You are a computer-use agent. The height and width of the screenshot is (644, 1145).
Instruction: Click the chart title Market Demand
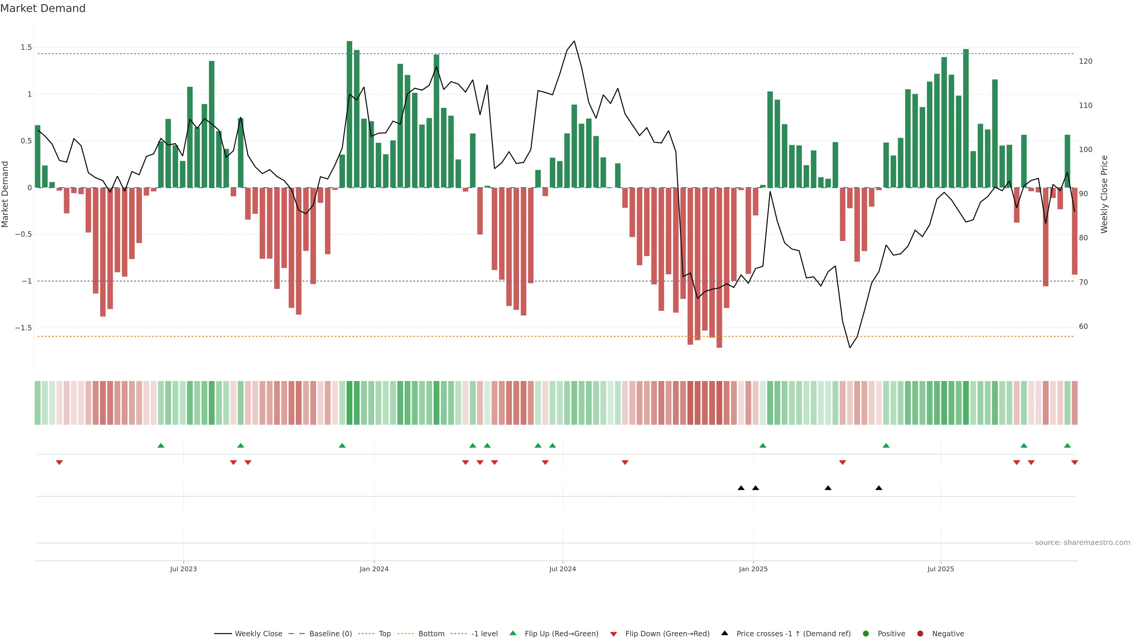(43, 8)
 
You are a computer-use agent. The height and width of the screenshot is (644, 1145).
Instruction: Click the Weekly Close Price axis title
(1104, 194)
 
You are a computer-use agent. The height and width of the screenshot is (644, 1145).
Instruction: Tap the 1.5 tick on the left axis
(26, 48)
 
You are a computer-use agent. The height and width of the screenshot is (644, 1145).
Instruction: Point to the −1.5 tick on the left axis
(24, 328)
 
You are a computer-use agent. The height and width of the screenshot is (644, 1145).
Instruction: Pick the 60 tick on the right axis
(1083, 327)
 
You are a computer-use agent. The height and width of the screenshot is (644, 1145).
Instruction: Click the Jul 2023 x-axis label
(183, 569)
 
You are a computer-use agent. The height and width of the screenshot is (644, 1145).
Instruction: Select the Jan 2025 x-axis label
(753, 569)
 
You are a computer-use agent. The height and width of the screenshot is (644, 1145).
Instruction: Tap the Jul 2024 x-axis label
(562, 569)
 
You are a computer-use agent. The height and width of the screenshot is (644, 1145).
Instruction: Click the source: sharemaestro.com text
(1082, 543)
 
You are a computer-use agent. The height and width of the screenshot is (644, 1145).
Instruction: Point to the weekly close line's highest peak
(574, 41)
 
